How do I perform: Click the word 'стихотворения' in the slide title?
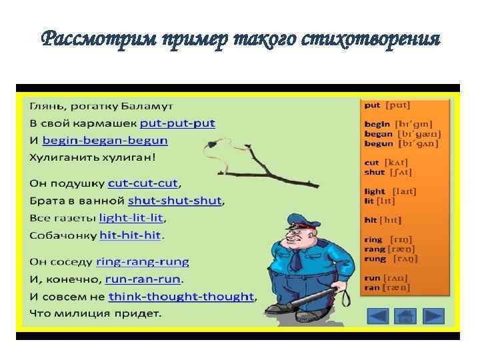[377, 39]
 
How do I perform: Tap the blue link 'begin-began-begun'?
[105, 141]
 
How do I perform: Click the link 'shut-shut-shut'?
[176, 200]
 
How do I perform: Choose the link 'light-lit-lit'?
[131, 217]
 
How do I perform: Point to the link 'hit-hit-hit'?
[131, 235]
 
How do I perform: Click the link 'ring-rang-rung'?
[143, 261]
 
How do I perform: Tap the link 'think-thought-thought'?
[181, 296]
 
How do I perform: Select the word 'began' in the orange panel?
[378, 133]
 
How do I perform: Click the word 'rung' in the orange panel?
[375, 259]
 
